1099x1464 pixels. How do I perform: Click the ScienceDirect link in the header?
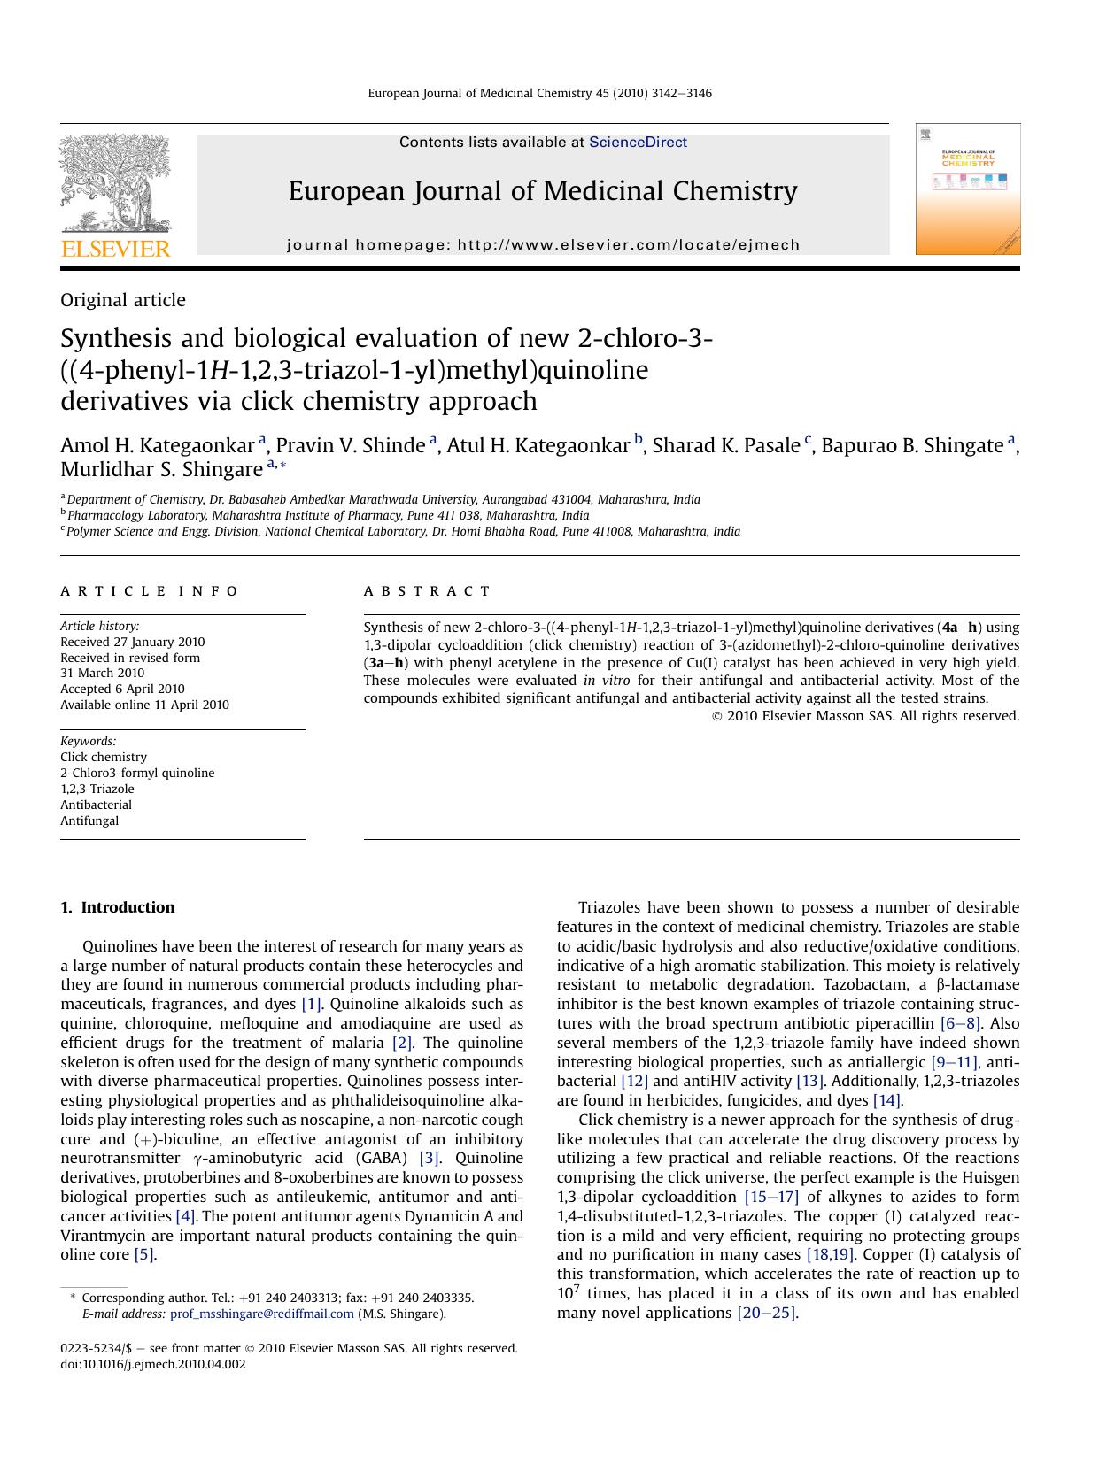click(x=638, y=142)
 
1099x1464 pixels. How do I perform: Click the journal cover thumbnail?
click(x=967, y=189)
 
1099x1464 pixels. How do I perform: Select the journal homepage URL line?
click(x=543, y=245)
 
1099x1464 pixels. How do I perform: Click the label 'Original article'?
click(x=123, y=300)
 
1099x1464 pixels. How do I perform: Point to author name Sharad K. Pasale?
click(x=725, y=445)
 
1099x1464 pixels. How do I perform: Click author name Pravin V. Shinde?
click(x=350, y=445)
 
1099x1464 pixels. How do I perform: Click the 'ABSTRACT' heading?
click(x=427, y=591)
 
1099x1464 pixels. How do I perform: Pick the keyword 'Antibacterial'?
click(x=96, y=805)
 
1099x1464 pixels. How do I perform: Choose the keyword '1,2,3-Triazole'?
click(x=97, y=789)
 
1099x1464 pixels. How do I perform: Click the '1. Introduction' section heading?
click(x=118, y=907)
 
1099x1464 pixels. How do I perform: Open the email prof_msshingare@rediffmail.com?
click(x=261, y=1314)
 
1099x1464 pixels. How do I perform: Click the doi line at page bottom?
click(x=153, y=1364)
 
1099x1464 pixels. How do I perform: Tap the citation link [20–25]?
click(x=767, y=1313)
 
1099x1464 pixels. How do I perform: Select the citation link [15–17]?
click(x=771, y=1197)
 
